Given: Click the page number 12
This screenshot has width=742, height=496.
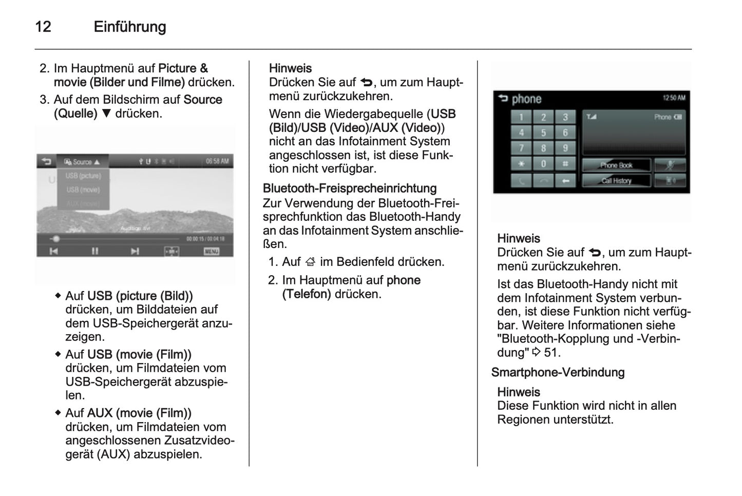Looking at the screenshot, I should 43,27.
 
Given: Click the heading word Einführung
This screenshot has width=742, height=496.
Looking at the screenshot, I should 129,27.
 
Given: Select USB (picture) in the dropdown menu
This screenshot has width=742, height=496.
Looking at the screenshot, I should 83,176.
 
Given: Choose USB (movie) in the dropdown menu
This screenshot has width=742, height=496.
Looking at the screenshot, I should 83,189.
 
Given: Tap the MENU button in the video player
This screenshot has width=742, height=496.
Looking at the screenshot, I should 211,251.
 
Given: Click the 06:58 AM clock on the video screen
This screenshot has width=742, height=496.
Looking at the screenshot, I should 217,161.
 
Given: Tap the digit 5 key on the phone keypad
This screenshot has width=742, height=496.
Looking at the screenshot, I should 543,133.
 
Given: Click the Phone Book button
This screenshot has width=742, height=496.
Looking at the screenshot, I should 616,165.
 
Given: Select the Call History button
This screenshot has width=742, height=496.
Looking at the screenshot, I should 616,181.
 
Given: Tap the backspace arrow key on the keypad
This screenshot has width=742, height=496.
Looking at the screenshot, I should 565,181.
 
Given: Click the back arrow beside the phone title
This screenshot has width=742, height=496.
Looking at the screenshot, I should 502,99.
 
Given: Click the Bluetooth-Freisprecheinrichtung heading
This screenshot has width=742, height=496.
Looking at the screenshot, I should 349,188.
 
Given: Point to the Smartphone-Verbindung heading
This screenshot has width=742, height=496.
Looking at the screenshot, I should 558,372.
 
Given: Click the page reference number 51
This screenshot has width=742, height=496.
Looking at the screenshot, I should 550,353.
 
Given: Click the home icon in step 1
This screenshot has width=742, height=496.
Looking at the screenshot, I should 310,262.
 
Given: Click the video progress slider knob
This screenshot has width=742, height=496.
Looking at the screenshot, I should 56,239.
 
